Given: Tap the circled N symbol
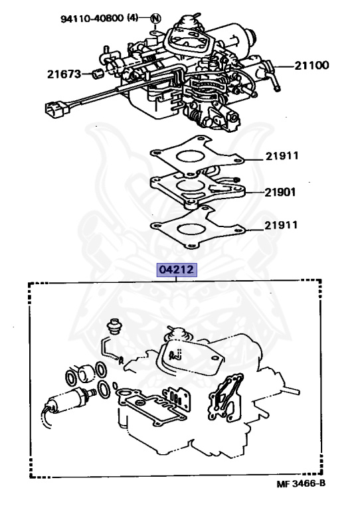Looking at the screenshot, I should click(155, 18).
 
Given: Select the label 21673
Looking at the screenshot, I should click(64, 74).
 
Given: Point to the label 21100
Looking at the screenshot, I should click(312, 66).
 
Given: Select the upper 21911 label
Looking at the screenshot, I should click(282, 157).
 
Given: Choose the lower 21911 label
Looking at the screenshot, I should click(282, 225).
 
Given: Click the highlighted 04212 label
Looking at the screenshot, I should click(177, 271).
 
